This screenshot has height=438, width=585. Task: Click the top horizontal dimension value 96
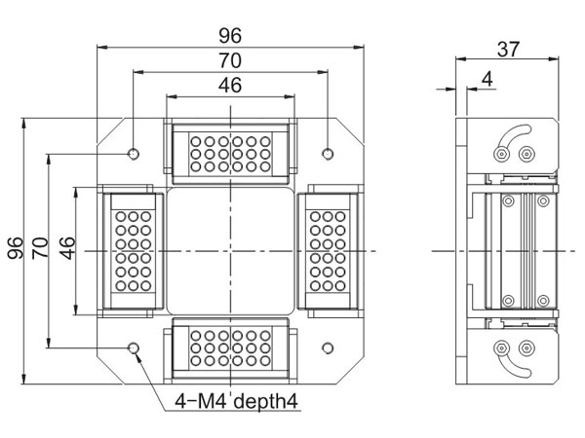point(229,35)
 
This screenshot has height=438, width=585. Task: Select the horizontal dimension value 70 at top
point(229,60)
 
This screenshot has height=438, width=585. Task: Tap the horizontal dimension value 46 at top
point(229,85)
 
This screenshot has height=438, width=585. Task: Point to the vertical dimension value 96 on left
point(15,248)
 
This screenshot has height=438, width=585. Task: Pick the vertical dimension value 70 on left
point(40,248)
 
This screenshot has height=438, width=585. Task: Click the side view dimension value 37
point(507,48)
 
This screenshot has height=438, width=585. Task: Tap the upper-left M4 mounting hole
point(133,153)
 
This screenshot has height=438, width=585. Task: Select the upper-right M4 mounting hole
point(328,153)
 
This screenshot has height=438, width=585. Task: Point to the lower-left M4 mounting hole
point(133,347)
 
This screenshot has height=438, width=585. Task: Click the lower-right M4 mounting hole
point(328,347)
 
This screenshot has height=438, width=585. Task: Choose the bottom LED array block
point(230,347)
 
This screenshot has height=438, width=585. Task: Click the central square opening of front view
point(230,249)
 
